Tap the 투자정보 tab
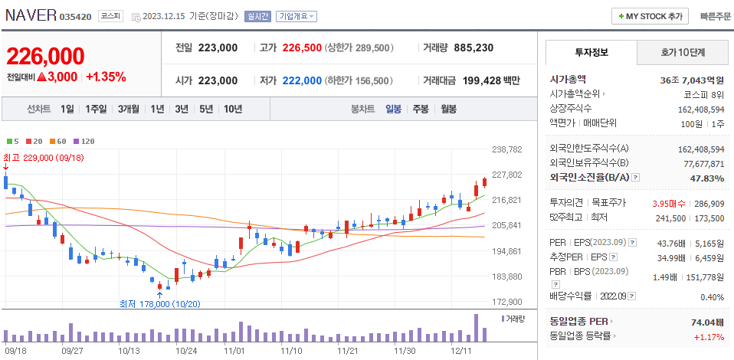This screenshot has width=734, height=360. (591, 52)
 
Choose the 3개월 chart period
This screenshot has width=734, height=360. (129, 109)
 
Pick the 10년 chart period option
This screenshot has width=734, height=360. (233, 109)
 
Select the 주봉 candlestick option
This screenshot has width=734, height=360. (421, 109)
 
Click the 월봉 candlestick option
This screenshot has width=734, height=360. (448, 109)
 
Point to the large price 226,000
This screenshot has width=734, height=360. (45, 57)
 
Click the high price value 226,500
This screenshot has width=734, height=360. (302, 47)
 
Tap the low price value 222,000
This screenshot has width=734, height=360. (302, 80)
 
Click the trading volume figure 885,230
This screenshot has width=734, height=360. (473, 47)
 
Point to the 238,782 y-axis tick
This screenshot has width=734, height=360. (506, 149)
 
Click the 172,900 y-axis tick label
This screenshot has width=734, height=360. (506, 302)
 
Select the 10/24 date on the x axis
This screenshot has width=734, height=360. (186, 350)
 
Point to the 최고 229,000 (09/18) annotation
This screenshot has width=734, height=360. (43, 157)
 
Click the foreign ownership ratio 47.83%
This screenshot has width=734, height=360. (708, 178)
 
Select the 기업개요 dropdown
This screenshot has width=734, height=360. (297, 16)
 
